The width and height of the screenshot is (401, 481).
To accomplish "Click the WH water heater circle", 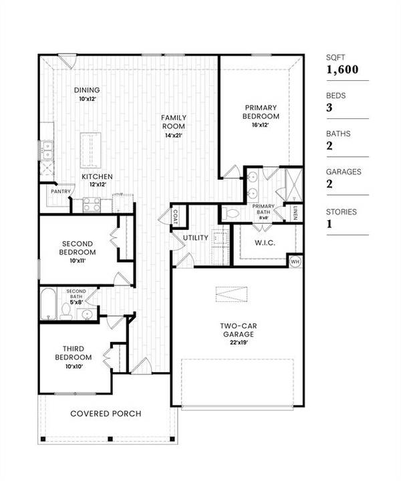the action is click(295, 262).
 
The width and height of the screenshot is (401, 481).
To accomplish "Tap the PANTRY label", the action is click(61, 192).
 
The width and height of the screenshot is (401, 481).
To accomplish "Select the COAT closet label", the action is click(176, 216).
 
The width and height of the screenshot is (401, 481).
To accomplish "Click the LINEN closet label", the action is click(295, 212).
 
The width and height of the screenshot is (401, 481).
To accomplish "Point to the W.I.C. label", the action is click(265, 243).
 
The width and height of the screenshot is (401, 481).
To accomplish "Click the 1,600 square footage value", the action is click(342, 69).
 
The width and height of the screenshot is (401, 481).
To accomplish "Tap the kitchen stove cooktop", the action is click(92, 204).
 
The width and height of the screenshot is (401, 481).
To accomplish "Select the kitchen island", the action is click(90, 150).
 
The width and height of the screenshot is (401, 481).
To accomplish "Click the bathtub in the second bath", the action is click(49, 304).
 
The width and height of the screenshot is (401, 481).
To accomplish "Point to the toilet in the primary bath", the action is click(230, 214).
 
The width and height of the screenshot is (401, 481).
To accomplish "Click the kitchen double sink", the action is click(47, 150).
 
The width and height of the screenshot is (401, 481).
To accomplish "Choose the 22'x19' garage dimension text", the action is click(239, 343).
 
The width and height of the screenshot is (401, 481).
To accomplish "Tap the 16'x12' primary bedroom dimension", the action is click(261, 125).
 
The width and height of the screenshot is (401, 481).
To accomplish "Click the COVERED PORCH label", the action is click(106, 414).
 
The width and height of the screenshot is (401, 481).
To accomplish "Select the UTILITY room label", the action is click(196, 238).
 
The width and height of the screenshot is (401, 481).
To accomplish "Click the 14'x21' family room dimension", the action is click(174, 135).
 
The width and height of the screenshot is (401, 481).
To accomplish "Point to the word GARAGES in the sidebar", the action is click(344, 172).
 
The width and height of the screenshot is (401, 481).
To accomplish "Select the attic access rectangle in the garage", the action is click(231, 294).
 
